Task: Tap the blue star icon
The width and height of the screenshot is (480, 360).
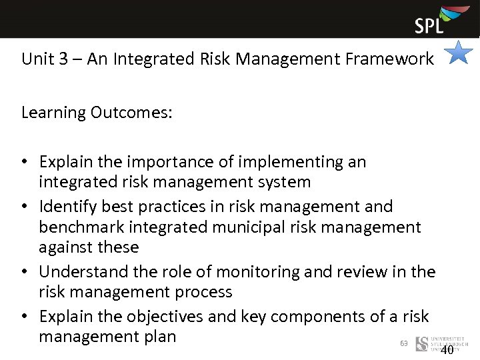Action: click(x=459, y=53)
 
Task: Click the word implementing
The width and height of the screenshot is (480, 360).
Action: click(x=293, y=162)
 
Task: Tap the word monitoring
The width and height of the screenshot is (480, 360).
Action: click(x=247, y=272)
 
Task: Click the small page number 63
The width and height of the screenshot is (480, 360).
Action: click(x=403, y=343)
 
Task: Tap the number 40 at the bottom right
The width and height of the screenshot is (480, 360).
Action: click(x=447, y=350)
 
